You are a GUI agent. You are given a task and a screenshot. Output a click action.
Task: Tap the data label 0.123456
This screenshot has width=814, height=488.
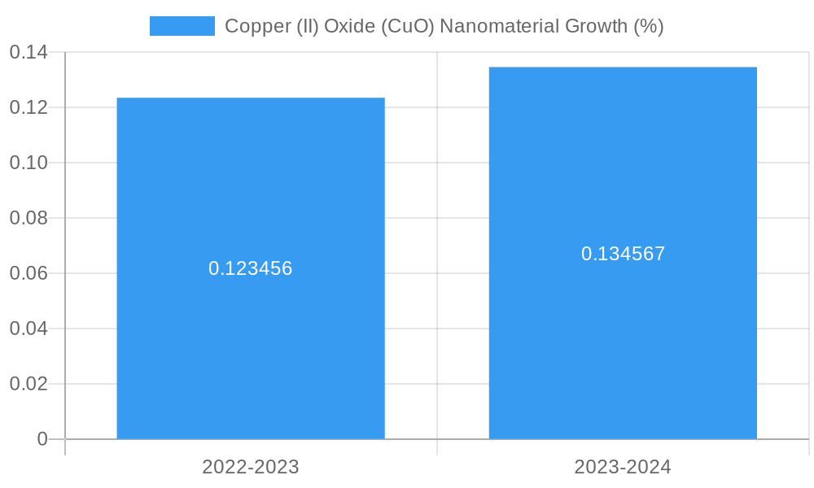tap(251, 268)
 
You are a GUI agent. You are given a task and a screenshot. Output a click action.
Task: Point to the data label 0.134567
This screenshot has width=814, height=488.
tap(623, 254)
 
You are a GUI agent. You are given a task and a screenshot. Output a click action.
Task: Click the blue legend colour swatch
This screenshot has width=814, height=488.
tap(182, 26)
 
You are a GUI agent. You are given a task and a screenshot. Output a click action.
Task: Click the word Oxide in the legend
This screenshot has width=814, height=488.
tap(347, 26)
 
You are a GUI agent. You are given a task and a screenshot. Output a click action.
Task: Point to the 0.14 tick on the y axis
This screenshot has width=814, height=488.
tap(28, 53)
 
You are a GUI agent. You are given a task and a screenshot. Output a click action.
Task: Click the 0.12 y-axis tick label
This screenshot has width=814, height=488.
tap(28, 108)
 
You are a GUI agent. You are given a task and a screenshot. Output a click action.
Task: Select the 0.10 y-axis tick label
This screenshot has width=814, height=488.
tap(28, 163)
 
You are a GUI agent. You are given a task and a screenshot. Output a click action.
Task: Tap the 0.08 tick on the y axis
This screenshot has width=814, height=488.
tap(28, 218)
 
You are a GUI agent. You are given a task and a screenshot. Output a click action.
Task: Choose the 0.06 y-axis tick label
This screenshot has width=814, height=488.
tap(28, 273)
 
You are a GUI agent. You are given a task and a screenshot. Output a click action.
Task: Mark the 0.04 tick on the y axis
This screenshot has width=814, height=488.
tap(28, 329)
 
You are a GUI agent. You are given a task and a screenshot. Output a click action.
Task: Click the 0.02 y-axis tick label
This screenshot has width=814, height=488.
tap(28, 384)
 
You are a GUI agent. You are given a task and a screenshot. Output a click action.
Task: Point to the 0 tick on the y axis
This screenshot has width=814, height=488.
tap(42, 439)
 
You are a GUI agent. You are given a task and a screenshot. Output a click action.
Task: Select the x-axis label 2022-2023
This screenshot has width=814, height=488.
tap(251, 467)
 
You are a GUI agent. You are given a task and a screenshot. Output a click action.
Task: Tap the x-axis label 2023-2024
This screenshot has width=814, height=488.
tap(623, 467)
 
